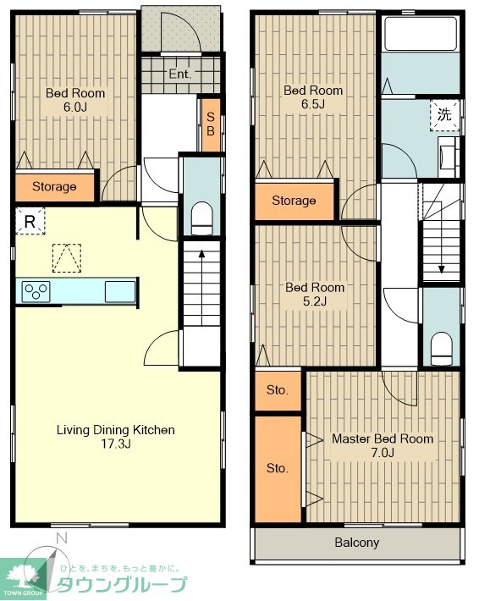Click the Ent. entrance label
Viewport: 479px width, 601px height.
click(179, 74)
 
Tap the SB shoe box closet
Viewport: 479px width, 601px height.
click(211, 124)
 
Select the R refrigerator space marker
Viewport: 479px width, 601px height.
click(30, 221)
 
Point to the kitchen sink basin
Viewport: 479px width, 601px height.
click(120, 292)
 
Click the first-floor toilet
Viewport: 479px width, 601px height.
click(201, 218)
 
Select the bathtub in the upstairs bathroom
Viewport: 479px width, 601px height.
click(421, 34)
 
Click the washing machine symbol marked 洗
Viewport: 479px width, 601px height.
click(444, 115)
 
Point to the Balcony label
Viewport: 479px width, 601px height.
click(357, 543)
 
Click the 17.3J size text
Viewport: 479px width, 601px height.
click(116, 444)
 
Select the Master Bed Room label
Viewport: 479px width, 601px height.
click(383, 438)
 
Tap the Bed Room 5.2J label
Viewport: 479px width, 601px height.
click(315, 295)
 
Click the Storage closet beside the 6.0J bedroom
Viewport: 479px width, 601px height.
click(54, 187)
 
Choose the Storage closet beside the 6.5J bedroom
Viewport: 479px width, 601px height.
click(295, 201)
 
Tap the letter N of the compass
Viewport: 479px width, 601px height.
click(61, 538)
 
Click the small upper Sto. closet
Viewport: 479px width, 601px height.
click(278, 390)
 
